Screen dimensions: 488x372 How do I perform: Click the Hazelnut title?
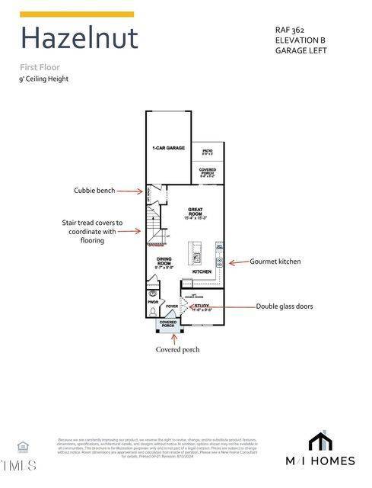tap(79, 37)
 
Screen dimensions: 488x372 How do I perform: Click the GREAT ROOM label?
tap(196, 212)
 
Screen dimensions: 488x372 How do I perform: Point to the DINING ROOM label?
tap(164, 263)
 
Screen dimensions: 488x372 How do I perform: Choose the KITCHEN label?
tap(202, 271)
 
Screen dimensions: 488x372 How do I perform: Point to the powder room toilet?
tap(153, 293)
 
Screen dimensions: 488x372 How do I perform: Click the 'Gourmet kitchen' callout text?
tap(275, 261)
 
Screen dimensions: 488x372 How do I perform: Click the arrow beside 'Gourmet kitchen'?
tap(236, 261)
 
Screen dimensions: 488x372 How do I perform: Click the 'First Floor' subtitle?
tap(40, 66)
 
